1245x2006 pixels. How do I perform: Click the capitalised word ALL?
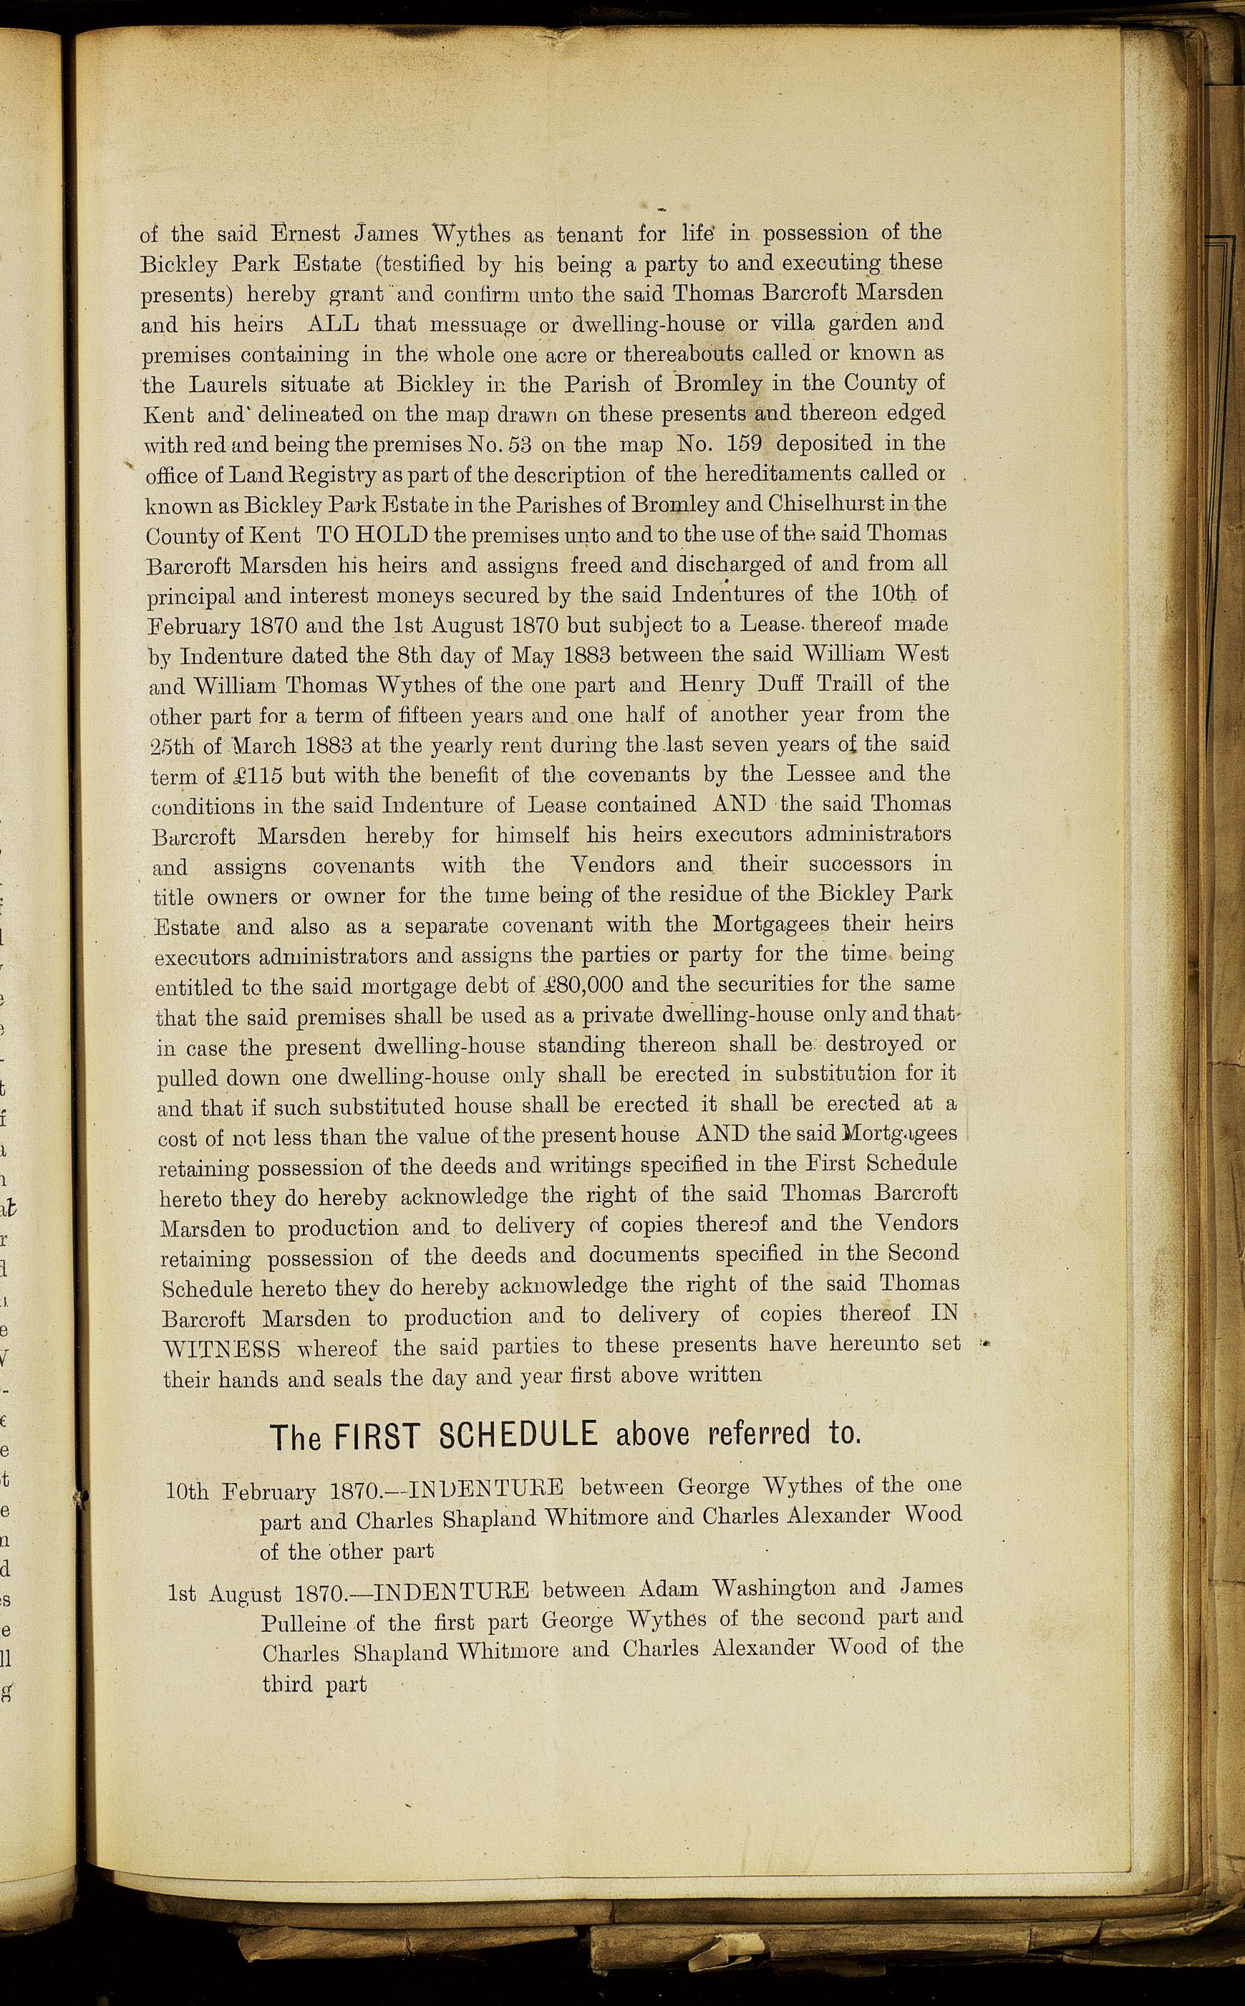[332, 324]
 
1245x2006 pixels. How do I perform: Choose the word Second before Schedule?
[923, 1253]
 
